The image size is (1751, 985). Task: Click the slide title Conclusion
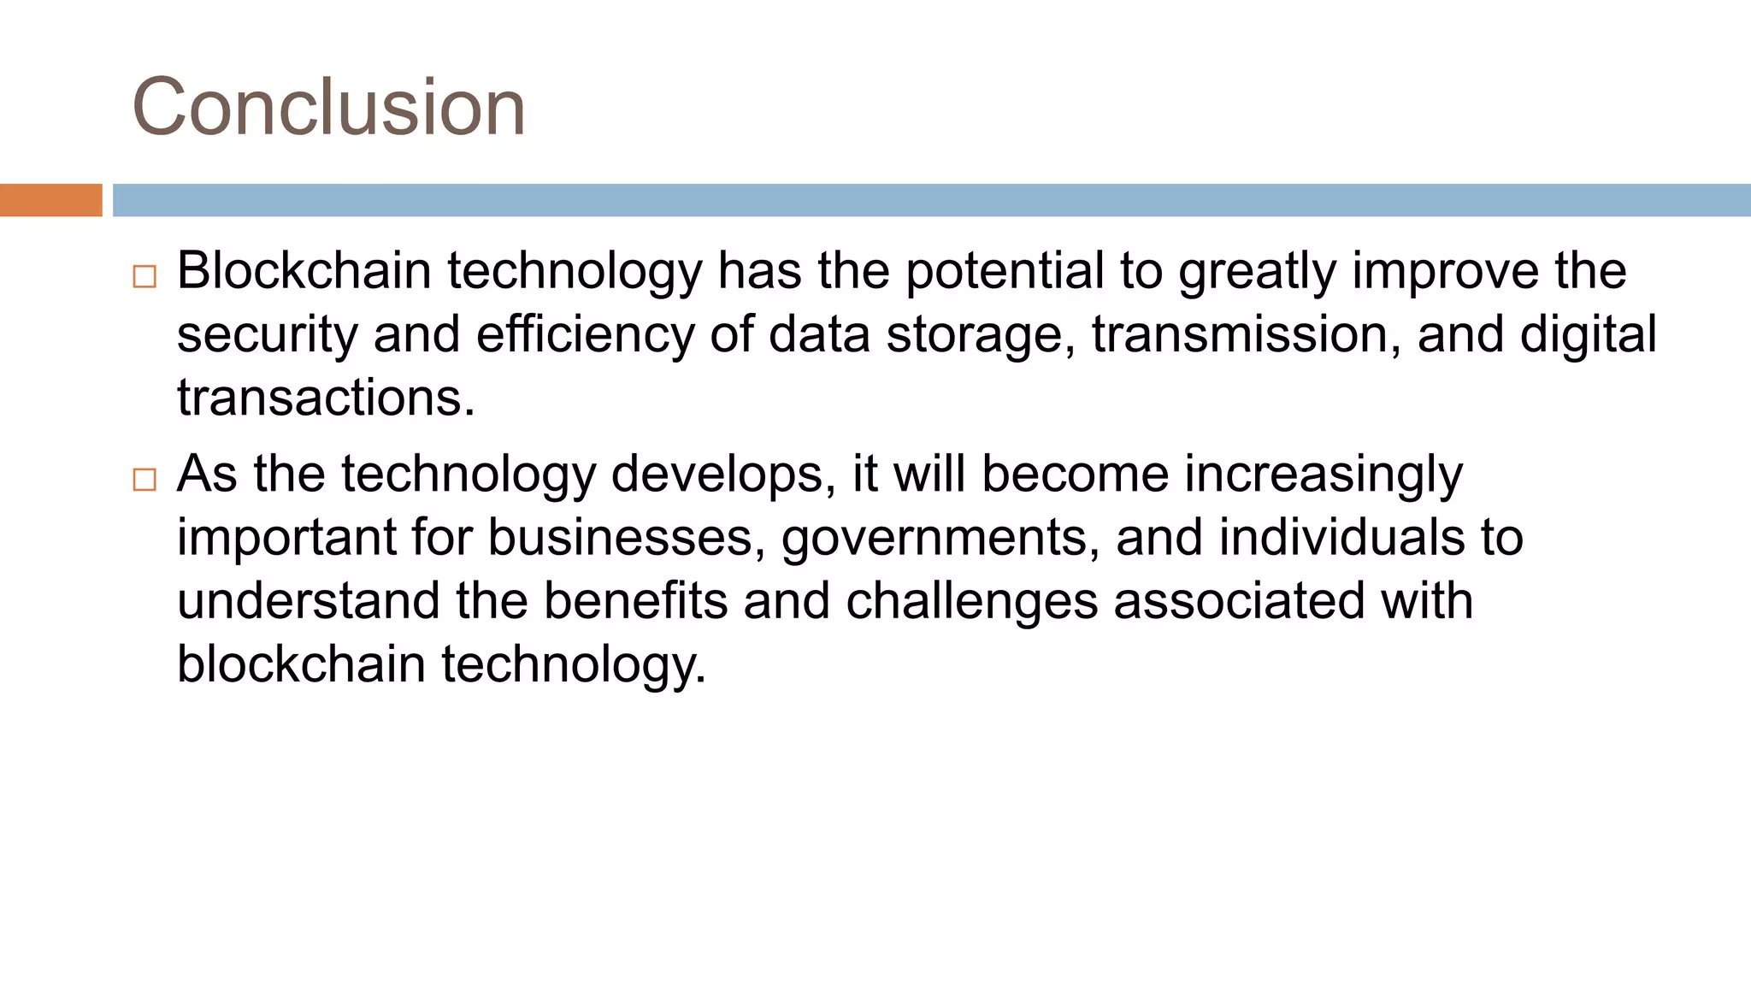tap(328, 107)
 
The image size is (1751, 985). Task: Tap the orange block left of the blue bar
tap(50, 200)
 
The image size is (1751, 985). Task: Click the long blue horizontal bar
tap(931, 200)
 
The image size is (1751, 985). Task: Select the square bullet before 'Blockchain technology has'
tap(144, 276)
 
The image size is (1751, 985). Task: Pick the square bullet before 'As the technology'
tap(144, 480)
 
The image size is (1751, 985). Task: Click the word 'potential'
tap(1005, 271)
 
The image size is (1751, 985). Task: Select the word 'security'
tap(267, 335)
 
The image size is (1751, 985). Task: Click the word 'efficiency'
tap(585, 335)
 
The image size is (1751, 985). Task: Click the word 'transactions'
tap(326, 398)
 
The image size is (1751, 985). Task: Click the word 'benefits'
tap(635, 601)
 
